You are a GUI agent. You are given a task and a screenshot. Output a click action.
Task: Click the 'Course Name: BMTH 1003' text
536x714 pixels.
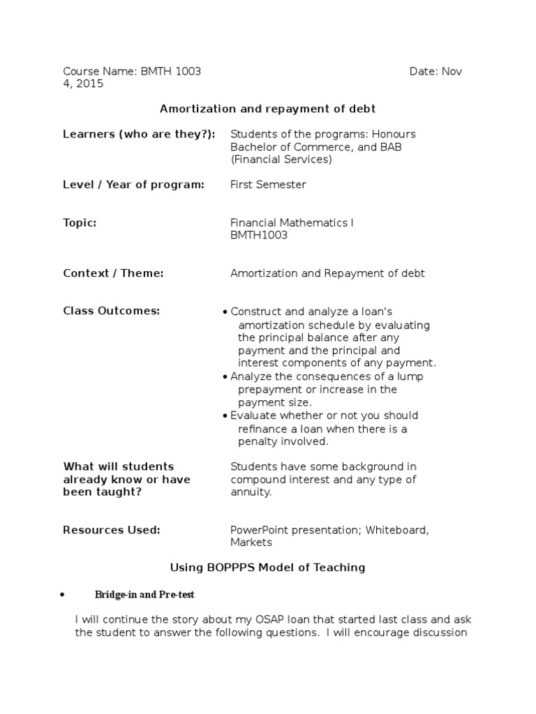132,72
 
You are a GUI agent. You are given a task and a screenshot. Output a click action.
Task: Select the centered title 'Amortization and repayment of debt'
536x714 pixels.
268,108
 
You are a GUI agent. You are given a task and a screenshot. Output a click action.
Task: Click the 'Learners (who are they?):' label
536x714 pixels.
139,134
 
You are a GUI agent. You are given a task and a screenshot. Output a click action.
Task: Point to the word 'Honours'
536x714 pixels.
393,134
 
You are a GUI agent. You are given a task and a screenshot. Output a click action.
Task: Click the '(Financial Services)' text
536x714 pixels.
281,160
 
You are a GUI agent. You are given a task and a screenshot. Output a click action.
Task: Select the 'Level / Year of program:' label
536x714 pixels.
134,185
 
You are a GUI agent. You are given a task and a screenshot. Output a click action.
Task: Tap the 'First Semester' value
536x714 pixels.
268,185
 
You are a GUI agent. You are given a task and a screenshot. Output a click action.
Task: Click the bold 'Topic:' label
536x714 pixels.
80,223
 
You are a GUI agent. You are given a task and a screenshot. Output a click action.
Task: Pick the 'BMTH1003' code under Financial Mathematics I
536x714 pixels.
259,236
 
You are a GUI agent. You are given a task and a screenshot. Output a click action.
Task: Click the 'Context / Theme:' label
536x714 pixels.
113,273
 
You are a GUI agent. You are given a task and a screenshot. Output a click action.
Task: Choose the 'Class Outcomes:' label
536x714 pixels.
111,311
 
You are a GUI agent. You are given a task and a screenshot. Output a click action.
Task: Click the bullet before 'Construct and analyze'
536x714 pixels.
225,312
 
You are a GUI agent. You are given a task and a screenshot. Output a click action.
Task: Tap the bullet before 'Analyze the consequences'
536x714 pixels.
225,377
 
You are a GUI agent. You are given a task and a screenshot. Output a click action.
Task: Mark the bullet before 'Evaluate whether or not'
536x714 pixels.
225,416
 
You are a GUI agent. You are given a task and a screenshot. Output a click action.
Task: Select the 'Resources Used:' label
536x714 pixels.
112,530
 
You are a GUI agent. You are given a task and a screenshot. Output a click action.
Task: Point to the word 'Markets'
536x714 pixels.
251,542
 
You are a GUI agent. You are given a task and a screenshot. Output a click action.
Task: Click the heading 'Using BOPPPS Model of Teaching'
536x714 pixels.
268,568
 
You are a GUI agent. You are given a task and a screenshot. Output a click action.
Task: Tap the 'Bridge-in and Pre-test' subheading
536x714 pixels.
145,594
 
